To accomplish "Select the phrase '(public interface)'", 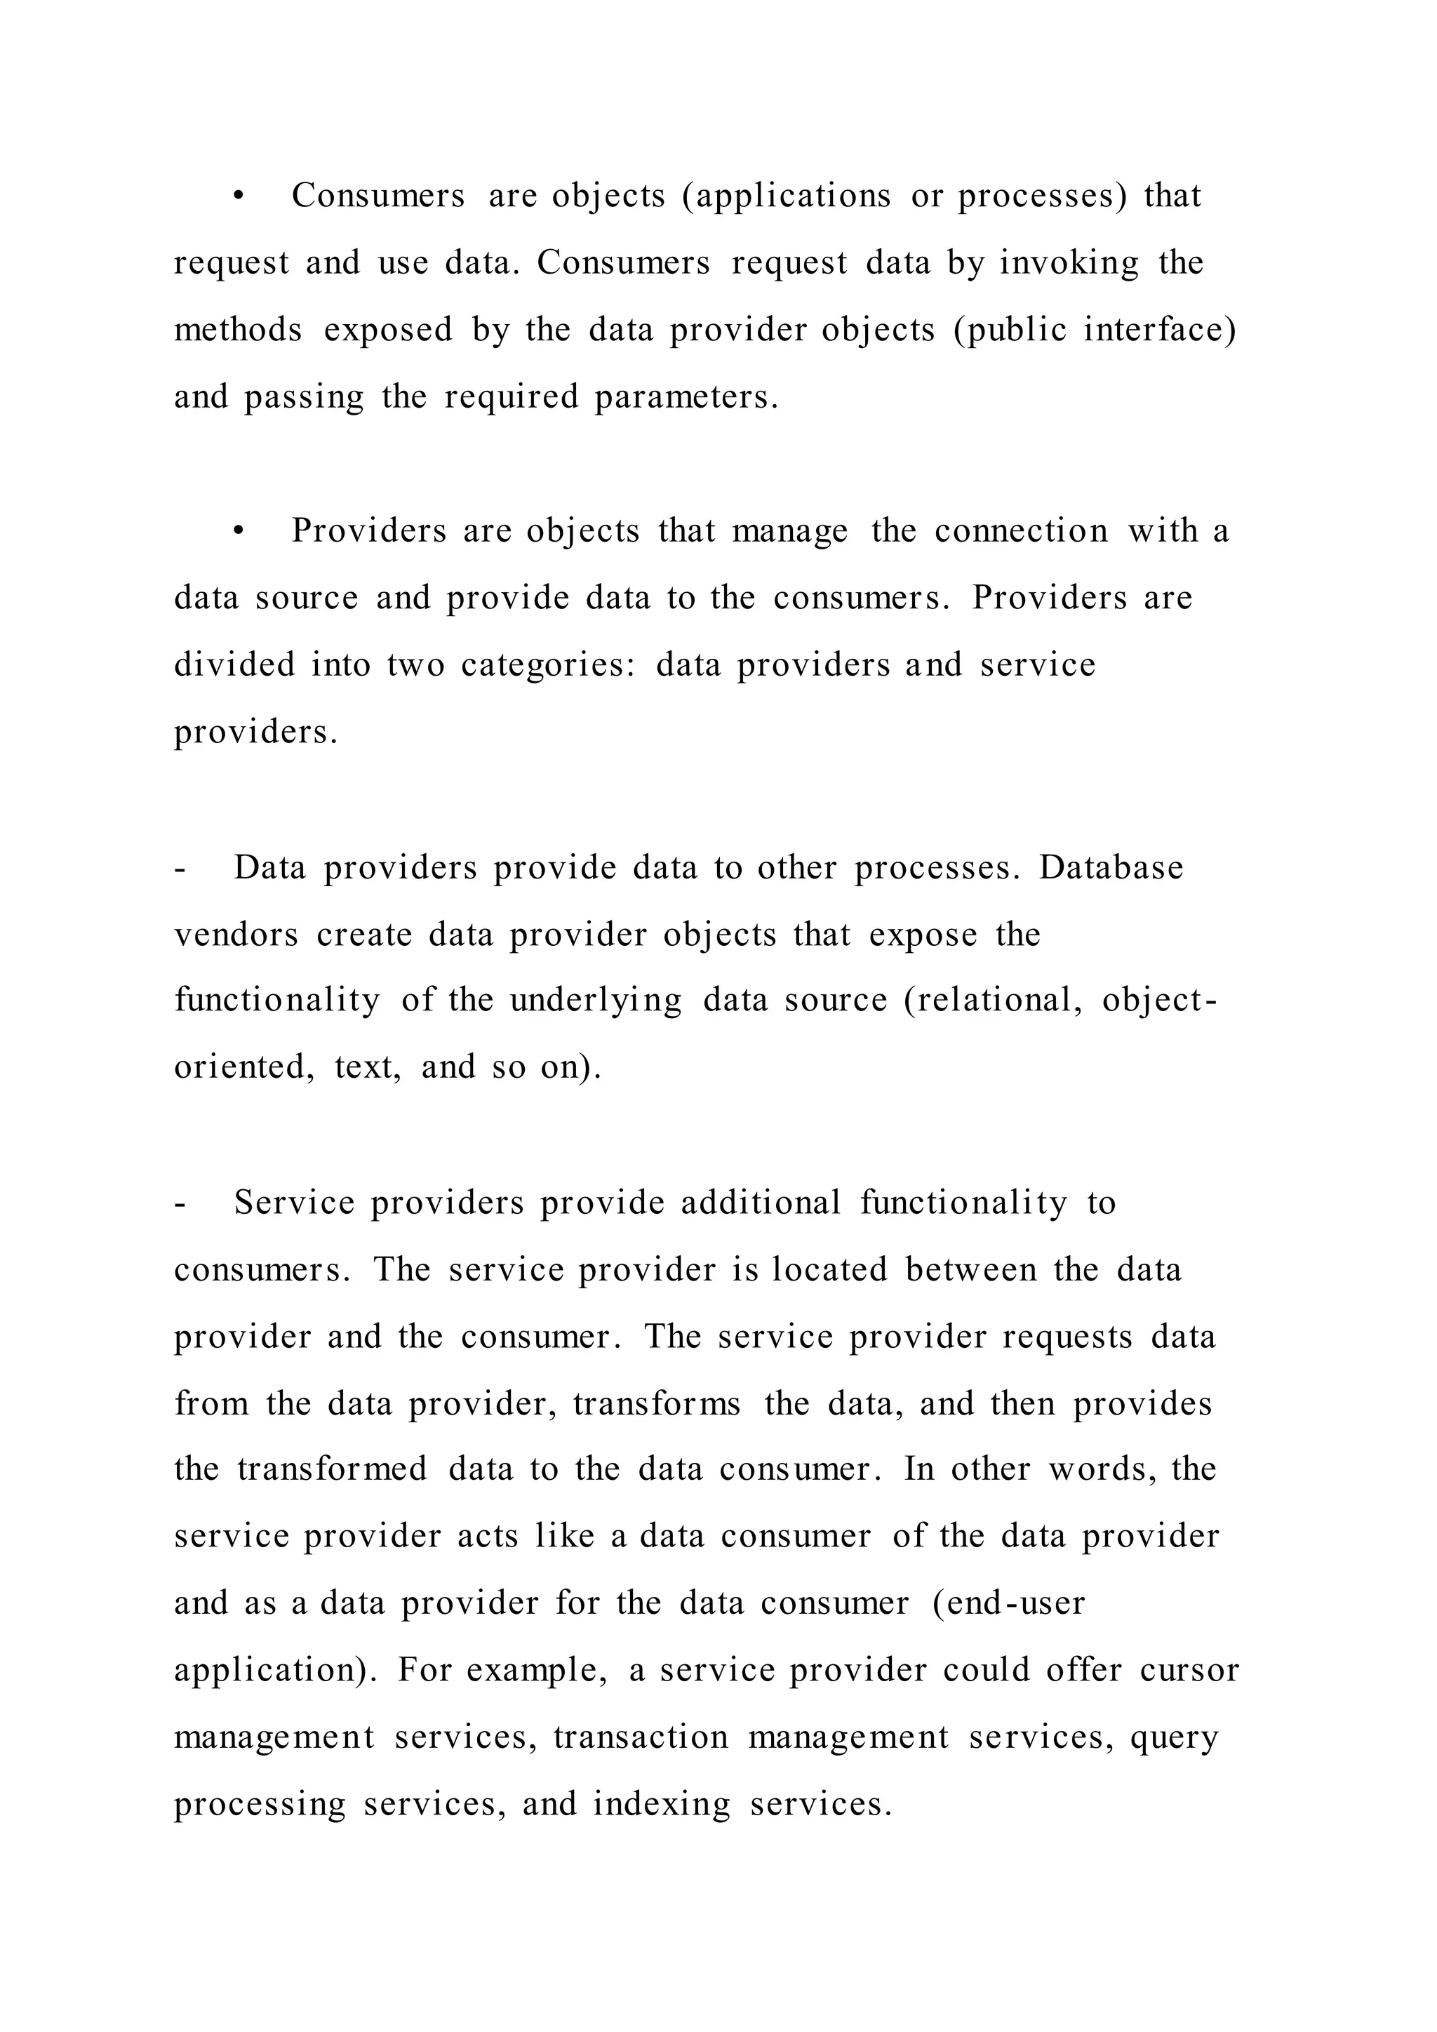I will pos(1095,330).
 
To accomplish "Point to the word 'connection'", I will pos(1021,531).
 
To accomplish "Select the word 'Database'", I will pos(1111,867).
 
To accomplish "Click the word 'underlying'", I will pos(596,1001).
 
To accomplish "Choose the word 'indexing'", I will pos(662,1805).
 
